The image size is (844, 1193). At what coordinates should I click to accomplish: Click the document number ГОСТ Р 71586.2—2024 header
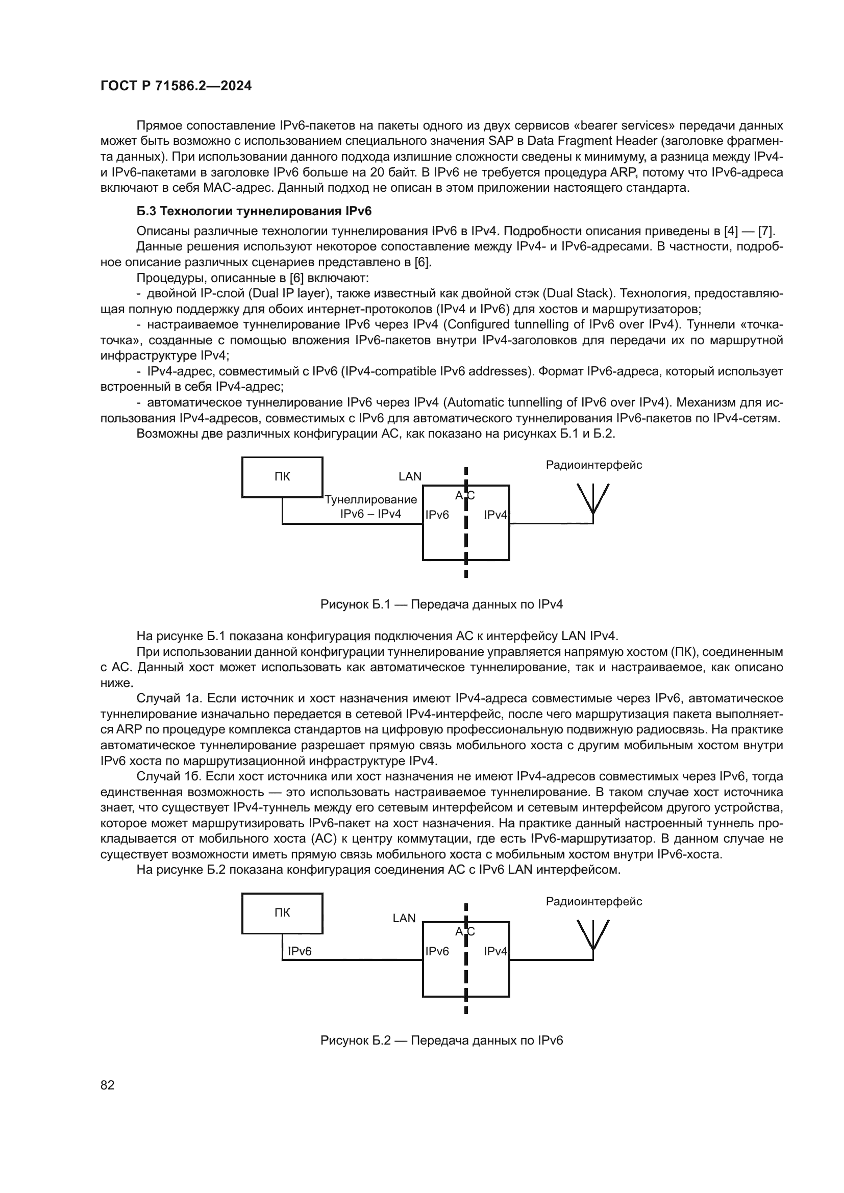coord(176,86)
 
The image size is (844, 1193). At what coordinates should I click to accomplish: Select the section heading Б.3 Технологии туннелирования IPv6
coord(254,211)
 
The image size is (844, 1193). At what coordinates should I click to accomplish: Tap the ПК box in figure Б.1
coord(282,477)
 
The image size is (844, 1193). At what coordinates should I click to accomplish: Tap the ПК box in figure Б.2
coord(282,913)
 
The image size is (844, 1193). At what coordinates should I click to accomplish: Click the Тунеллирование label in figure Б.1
coord(370,500)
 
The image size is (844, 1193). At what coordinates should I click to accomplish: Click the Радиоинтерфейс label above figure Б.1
coord(593,465)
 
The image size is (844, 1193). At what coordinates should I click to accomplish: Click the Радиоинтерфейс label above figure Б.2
coord(593,901)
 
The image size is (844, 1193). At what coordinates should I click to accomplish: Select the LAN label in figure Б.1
coord(410,476)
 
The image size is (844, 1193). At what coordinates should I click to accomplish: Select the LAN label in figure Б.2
coord(404,918)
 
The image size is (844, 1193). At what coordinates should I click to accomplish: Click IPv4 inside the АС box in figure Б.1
coord(495,515)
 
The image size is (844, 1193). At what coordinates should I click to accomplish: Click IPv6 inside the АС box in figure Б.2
coord(437,951)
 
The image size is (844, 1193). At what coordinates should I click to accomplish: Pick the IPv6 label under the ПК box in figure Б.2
coord(300,951)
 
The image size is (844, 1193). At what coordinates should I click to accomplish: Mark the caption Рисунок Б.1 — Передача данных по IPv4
coord(441,604)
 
